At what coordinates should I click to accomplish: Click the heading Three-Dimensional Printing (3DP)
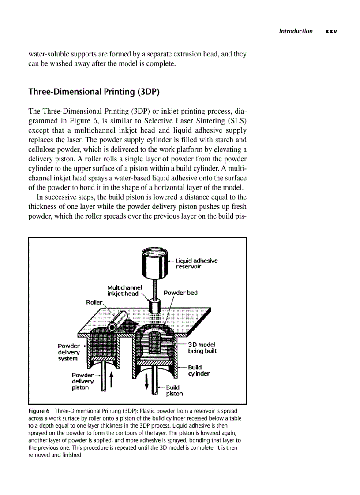tap(94, 92)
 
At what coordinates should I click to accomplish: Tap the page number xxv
tap(331, 31)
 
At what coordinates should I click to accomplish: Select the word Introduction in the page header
tap(296, 31)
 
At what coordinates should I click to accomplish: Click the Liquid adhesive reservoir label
tap(197, 263)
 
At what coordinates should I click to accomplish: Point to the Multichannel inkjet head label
tap(123, 290)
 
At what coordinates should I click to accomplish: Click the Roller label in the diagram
tap(94, 302)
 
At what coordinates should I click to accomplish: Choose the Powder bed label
tap(180, 293)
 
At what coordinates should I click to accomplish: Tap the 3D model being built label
tap(202, 348)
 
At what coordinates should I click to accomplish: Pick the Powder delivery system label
tap(68, 352)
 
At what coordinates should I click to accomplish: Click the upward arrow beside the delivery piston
tap(111, 379)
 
